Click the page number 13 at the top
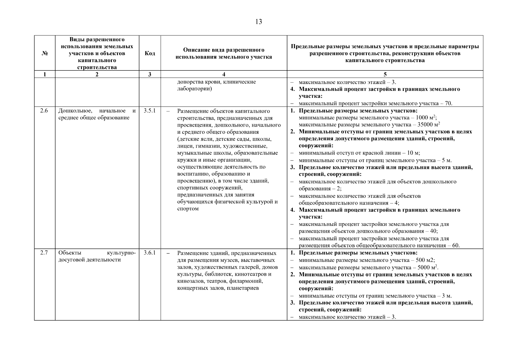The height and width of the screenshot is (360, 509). pyautogui.click(x=259, y=22)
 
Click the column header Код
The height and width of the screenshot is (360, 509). pyautogui.click(x=150, y=53)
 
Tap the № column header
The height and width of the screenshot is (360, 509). pyautogui.click(x=45, y=53)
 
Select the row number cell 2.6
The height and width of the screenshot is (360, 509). pyautogui.click(x=44, y=111)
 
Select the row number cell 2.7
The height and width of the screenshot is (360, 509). pyautogui.click(x=44, y=253)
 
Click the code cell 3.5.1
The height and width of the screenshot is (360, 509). pyautogui.click(x=150, y=111)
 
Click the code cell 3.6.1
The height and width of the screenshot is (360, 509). pyautogui.click(x=150, y=253)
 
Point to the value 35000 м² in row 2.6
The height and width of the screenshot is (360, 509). pyautogui.click(x=428, y=124)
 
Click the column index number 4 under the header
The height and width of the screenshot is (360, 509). pyautogui.click(x=224, y=74)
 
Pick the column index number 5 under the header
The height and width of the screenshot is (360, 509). pyautogui.click(x=385, y=74)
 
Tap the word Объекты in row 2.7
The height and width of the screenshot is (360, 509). pyautogui.click(x=68, y=253)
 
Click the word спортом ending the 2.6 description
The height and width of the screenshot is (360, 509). pyautogui.click(x=188, y=209)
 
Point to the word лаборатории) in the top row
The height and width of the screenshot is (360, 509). pyautogui.click(x=194, y=89)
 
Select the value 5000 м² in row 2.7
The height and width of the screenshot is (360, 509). pyautogui.click(x=427, y=267)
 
